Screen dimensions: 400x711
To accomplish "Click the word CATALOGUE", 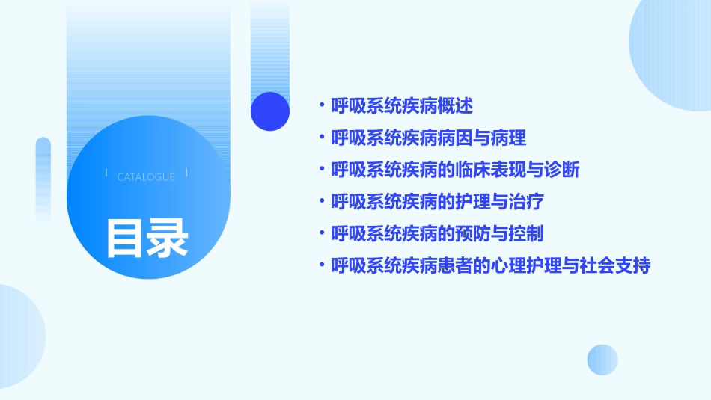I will pyautogui.click(x=146, y=177).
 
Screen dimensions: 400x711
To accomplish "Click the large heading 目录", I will pyautogui.click(x=147, y=238).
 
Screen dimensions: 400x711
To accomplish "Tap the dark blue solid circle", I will pyautogui.click(x=269, y=111).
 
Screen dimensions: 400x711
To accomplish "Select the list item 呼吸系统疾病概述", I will pyautogui.click(x=402, y=106).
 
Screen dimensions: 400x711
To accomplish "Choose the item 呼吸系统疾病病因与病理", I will pyautogui.click(x=429, y=138).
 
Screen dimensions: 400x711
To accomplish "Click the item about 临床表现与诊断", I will pyautogui.click(x=455, y=170).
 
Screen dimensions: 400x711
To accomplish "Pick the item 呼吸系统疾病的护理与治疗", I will pyautogui.click(x=437, y=201).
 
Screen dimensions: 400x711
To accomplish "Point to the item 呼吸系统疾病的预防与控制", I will pyautogui.click(x=437, y=233).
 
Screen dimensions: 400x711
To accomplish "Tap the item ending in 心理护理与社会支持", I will pyautogui.click(x=491, y=265).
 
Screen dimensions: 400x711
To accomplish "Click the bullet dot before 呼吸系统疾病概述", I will pyautogui.click(x=322, y=106).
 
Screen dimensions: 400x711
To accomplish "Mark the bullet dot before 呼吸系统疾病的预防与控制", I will pyautogui.click(x=322, y=233).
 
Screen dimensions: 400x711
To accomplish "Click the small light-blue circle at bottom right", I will pyautogui.click(x=602, y=360).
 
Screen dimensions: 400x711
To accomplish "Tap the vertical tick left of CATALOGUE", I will pyautogui.click(x=106, y=173).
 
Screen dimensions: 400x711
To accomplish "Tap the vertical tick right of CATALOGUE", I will pyautogui.click(x=186, y=173).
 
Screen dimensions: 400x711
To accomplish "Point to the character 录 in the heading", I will pyautogui.click(x=168, y=238).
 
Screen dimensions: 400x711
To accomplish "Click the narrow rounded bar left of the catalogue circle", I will pyautogui.click(x=43, y=179).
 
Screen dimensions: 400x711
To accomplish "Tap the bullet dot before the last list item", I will pyautogui.click(x=322, y=265).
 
